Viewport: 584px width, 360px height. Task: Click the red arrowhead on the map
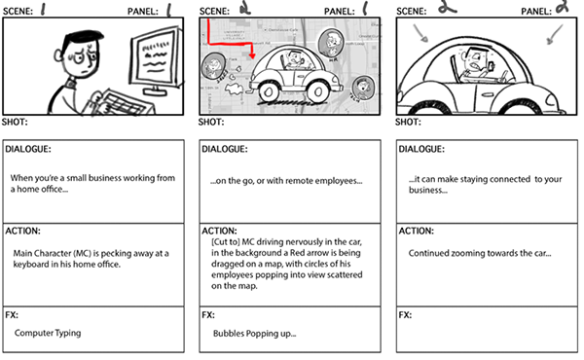click(x=252, y=55)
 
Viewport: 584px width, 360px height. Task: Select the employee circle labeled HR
click(x=331, y=43)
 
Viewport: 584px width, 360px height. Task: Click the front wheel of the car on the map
click(x=317, y=90)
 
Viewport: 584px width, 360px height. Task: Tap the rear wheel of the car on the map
click(x=269, y=90)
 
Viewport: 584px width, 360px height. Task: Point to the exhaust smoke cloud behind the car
click(x=235, y=90)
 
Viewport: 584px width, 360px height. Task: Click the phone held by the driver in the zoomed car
click(x=492, y=66)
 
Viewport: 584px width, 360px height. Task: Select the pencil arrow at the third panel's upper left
click(x=420, y=33)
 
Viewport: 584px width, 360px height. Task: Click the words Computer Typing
click(x=48, y=333)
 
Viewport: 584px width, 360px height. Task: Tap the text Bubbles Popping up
click(x=254, y=334)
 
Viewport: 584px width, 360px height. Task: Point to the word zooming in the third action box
click(x=467, y=254)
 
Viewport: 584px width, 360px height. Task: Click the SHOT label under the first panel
click(x=15, y=123)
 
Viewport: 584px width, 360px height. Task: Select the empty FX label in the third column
click(x=405, y=315)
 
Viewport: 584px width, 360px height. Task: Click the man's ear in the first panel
click(x=58, y=55)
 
